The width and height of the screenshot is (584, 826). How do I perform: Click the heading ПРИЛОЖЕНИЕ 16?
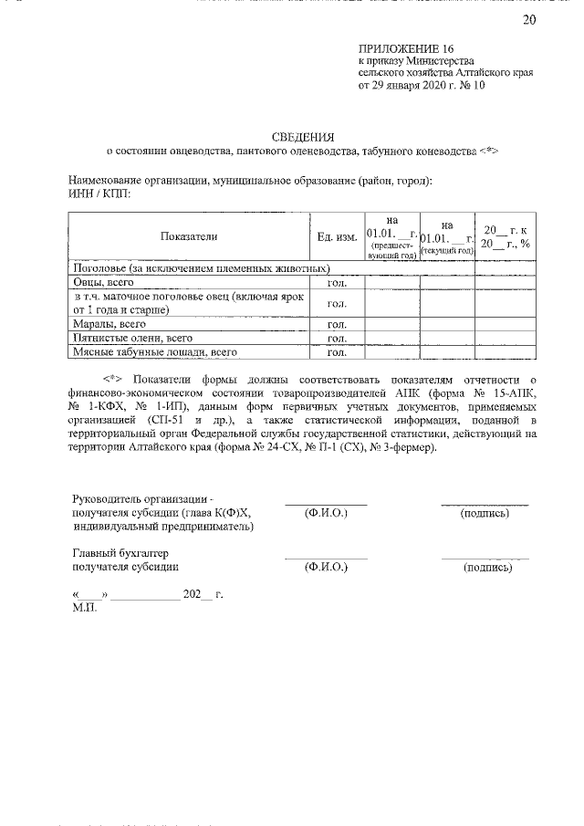click(405, 48)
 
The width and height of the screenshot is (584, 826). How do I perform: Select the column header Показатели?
click(189, 236)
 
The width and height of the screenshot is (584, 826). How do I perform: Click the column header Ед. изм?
click(336, 236)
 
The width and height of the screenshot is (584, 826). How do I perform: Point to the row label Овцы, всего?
click(104, 284)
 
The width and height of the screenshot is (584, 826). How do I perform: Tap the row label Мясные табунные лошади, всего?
click(142, 350)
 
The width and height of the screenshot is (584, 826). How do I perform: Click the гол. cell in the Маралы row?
click(336, 324)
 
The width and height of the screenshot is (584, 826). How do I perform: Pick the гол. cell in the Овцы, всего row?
click(336, 284)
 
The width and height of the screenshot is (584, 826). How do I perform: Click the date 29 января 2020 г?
click(415, 88)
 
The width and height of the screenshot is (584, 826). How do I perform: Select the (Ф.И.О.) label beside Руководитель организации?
click(326, 514)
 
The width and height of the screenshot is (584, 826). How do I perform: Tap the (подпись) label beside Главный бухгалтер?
click(487, 567)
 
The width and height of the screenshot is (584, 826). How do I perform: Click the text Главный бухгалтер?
click(120, 553)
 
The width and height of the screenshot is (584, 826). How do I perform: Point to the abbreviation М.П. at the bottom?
click(84, 606)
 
